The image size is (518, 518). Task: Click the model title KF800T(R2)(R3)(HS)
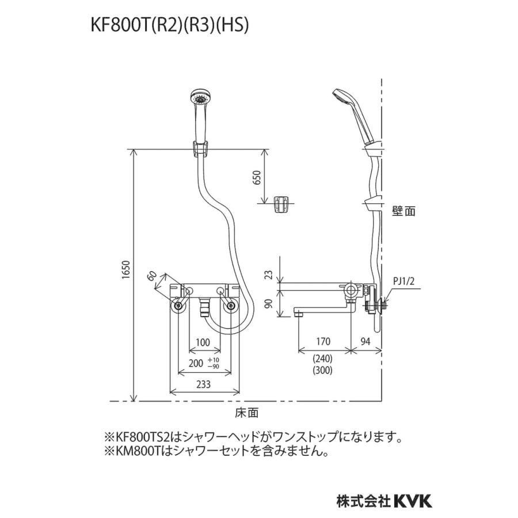point(169,26)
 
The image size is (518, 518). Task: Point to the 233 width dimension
point(202,384)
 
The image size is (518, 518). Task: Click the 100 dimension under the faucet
point(202,342)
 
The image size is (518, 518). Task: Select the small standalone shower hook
point(281,204)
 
